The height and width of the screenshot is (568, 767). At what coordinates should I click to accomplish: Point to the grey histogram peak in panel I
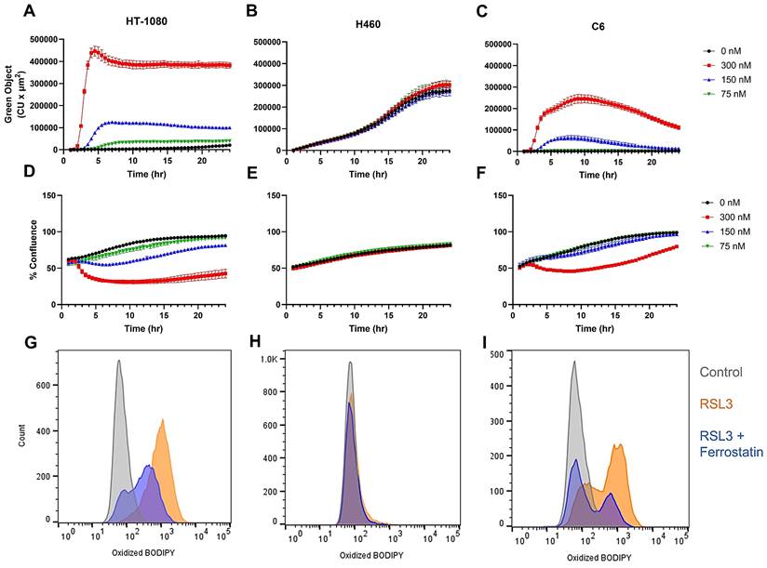pyautogui.click(x=574, y=362)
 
